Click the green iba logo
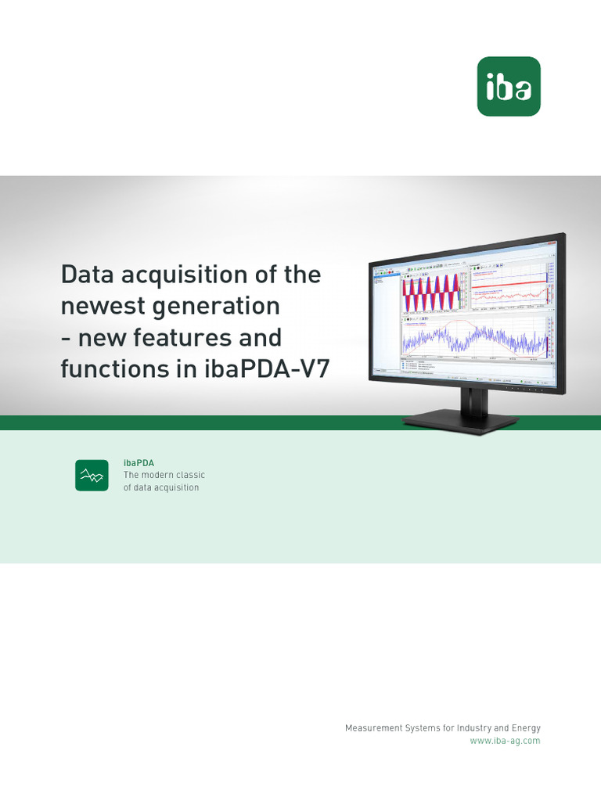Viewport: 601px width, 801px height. tap(509, 86)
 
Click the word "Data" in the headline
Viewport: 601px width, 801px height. tap(89, 275)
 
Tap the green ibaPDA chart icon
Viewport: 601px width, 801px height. tap(92, 475)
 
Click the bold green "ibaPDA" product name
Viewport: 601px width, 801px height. tap(139, 463)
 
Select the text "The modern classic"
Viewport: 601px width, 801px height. tap(164, 475)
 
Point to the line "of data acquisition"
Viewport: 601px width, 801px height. tap(161, 487)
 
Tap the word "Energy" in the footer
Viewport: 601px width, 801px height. tap(524, 728)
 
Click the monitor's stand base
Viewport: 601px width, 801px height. tap(459, 420)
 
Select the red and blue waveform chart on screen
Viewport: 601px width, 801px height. tap(433, 293)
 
